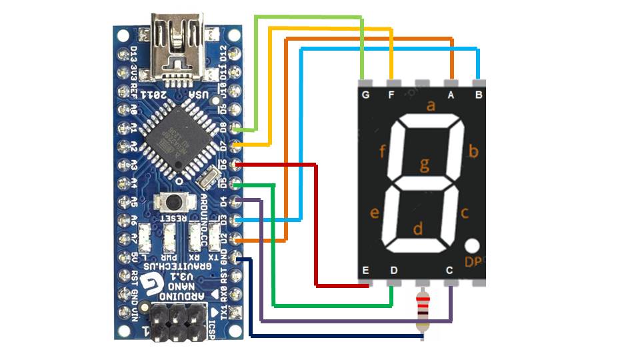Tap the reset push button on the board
[x=173, y=201]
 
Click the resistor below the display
[x=422, y=311]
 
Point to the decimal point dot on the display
[x=473, y=246]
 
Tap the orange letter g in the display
[x=425, y=163]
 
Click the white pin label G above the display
[x=365, y=95]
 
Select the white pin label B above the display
[x=477, y=95]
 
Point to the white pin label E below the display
[x=365, y=270]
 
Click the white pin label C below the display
[x=450, y=270]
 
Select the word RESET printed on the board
[x=173, y=218]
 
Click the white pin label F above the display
[x=392, y=95]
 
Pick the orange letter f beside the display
[x=383, y=151]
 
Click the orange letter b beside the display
[x=473, y=151]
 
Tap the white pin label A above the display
[x=451, y=95]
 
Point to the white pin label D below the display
[x=393, y=270]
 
